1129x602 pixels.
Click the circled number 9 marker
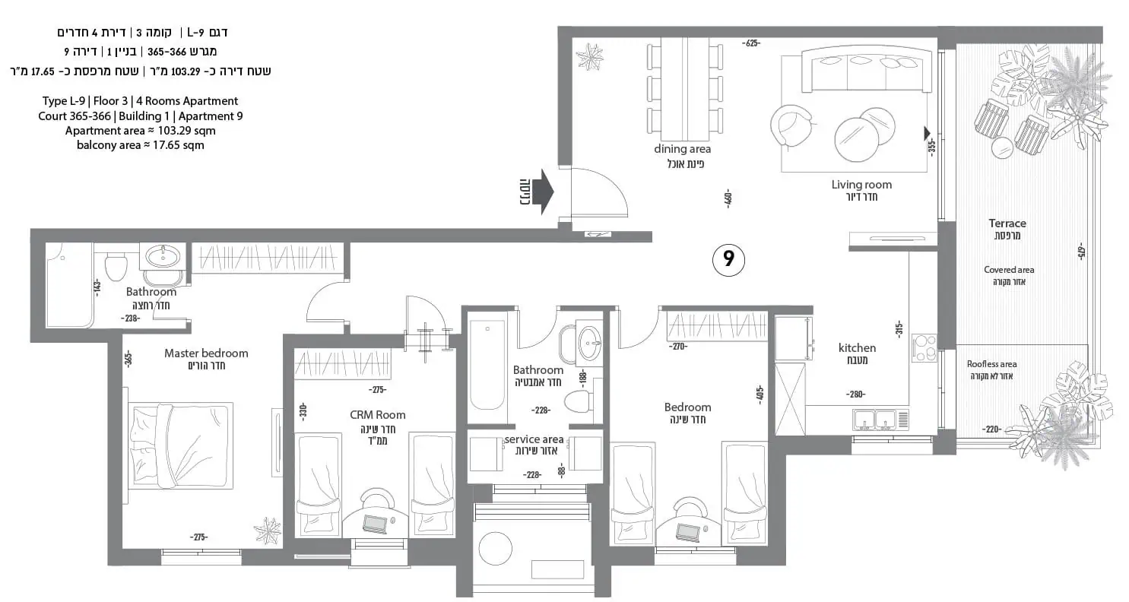coord(728,260)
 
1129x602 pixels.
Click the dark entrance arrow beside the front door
coord(544,192)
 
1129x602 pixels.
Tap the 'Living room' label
coord(861,185)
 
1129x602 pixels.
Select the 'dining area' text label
coord(683,149)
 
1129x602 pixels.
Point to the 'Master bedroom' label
coord(206,353)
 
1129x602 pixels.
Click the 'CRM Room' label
coord(378,414)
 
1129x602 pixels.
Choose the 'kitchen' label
coord(857,347)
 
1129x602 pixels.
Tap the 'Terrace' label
coord(1007,223)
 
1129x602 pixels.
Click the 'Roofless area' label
coord(991,364)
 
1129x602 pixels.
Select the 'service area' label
coord(534,439)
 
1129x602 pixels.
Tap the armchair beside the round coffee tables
coord(791,126)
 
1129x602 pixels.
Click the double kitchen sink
coord(875,420)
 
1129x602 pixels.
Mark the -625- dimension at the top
coord(751,43)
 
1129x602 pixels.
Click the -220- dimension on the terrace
coord(992,429)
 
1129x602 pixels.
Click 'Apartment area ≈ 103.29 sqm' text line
coord(140,131)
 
